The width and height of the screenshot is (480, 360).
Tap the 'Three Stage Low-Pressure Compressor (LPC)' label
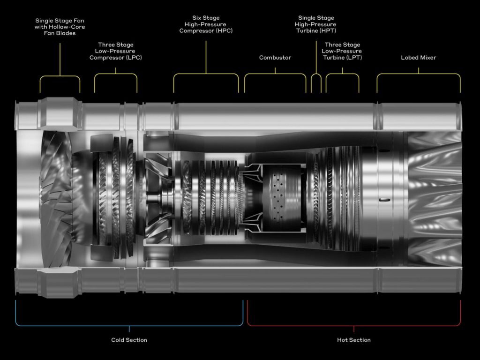(115, 51)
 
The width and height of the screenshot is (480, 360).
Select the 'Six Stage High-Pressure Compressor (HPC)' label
(206, 24)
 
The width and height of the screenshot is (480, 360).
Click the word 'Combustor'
(275, 58)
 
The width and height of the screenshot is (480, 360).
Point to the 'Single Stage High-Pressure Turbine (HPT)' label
(315, 24)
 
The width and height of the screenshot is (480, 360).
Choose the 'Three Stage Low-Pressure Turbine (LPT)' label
(342, 51)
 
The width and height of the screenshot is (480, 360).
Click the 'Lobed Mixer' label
(419, 58)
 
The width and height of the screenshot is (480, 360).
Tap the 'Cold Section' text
(129, 340)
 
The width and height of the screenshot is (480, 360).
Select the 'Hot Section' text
(354, 340)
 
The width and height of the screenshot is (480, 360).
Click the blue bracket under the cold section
(129, 325)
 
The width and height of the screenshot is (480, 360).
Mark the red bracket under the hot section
(354, 325)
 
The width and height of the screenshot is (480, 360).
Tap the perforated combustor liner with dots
(281, 197)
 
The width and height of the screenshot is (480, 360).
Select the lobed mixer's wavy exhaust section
(434, 197)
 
